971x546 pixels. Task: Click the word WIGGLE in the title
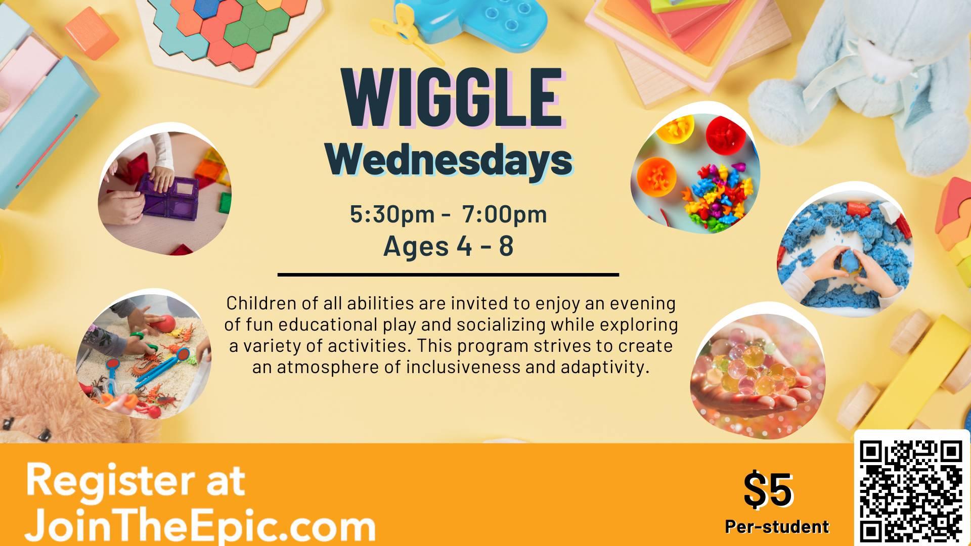[x=451, y=98]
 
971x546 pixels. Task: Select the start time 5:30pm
[x=392, y=214]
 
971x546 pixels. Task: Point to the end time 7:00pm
[x=505, y=214]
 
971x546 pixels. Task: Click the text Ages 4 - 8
[x=449, y=246]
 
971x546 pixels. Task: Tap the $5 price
[x=768, y=490]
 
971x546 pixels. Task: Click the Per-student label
[x=777, y=527]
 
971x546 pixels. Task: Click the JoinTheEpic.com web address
[x=200, y=525]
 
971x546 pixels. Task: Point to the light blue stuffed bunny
[x=860, y=86]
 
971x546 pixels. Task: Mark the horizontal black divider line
[x=448, y=275]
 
